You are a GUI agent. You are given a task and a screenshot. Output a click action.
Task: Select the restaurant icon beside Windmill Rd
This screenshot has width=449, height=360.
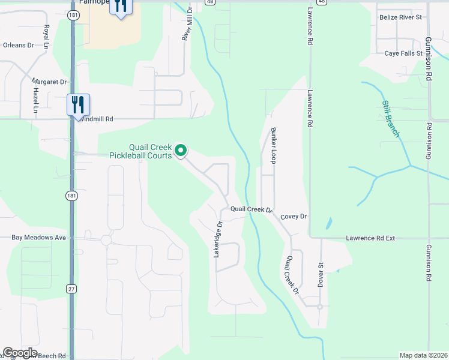coord(78,104)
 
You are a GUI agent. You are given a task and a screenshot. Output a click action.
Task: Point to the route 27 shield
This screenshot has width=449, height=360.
coord(71,289)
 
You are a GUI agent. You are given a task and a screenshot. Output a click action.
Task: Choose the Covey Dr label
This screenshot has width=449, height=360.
coord(294,217)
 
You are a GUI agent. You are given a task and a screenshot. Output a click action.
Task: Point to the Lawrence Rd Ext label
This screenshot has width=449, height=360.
coord(370,238)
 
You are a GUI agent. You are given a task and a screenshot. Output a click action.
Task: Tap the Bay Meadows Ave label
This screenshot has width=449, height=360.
coord(38,238)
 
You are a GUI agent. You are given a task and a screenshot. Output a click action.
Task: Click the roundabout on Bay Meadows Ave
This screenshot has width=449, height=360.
coord(106,240)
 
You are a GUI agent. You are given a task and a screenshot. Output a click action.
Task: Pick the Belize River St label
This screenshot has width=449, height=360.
coord(401,17)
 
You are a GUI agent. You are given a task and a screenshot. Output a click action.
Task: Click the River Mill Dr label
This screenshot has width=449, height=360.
coord(187,25)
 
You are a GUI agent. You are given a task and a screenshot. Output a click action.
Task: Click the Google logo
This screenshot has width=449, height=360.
coord(20,353)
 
